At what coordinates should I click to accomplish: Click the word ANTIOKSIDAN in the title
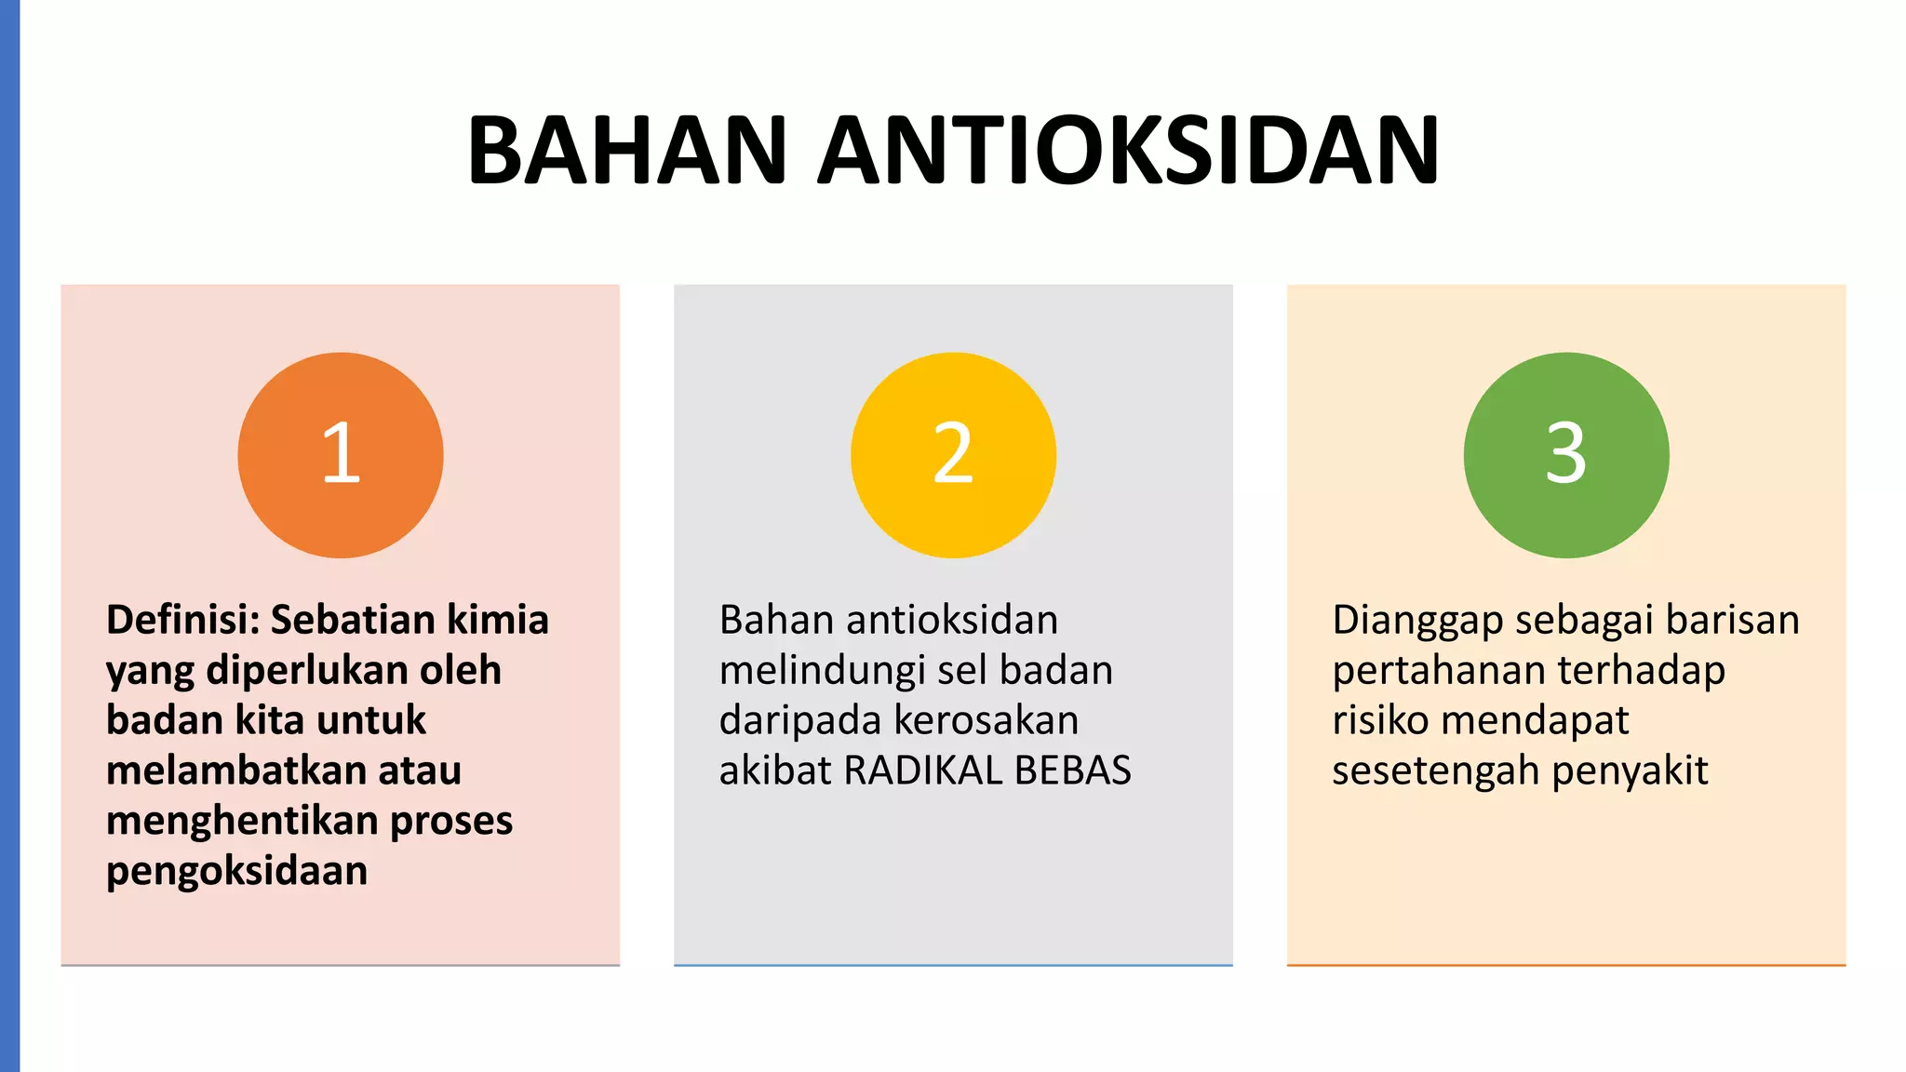click(x=1129, y=151)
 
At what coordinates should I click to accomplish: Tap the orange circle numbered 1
click(x=341, y=455)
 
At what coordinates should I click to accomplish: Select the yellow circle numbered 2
click(x=953, y=455)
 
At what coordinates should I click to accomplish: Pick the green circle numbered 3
click(x=1566, y=455)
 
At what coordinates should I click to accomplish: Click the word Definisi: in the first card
click(x=182, y=620)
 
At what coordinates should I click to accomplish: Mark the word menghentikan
click(x=241, y=821)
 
